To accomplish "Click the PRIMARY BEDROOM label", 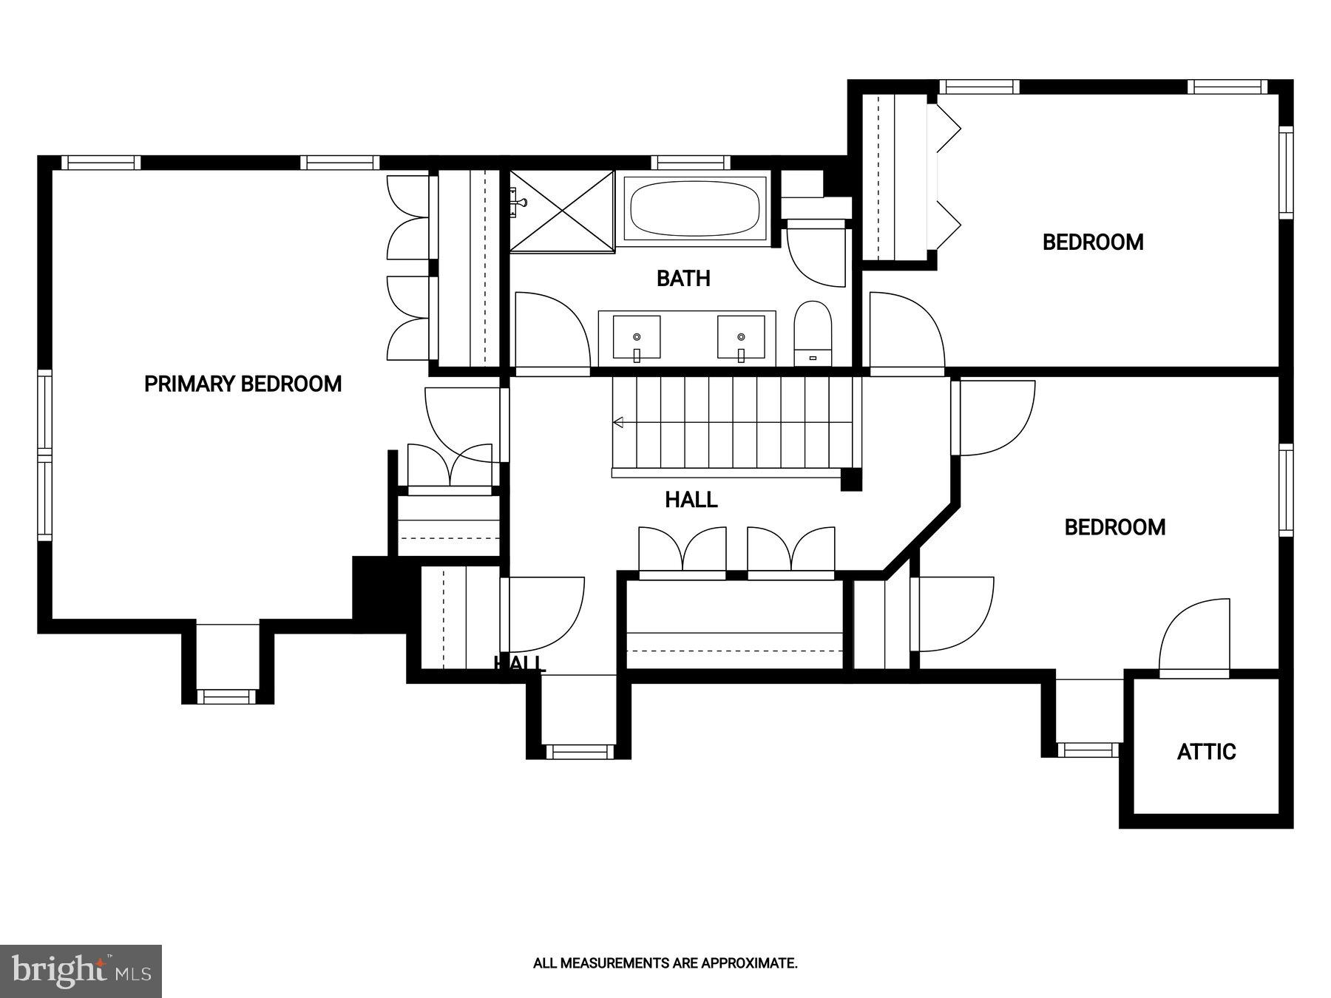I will click(x=243, y=384).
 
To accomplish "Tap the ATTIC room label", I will click(x=1206, y=752).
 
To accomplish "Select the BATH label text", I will click(x=683, y=279).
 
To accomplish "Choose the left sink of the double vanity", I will click(x=636, y=337).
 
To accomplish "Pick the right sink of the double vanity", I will click(x=740, y=337).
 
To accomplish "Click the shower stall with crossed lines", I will click(x=562, y=210).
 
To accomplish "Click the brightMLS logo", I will click(x=81, y=971).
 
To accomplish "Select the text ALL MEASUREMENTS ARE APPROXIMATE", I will click(x=665, y=963).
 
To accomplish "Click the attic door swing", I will click(x=1193, y=637).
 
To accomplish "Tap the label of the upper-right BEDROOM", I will click(x=1092, y=242).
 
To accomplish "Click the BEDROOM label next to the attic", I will click(x=1114, y=527).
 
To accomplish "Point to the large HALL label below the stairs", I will click(x=691, y=500).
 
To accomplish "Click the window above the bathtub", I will click(x=691, y=162).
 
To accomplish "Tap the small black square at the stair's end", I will click(x=851, y=481).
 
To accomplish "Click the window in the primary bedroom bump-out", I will click(x=227, y=696).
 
